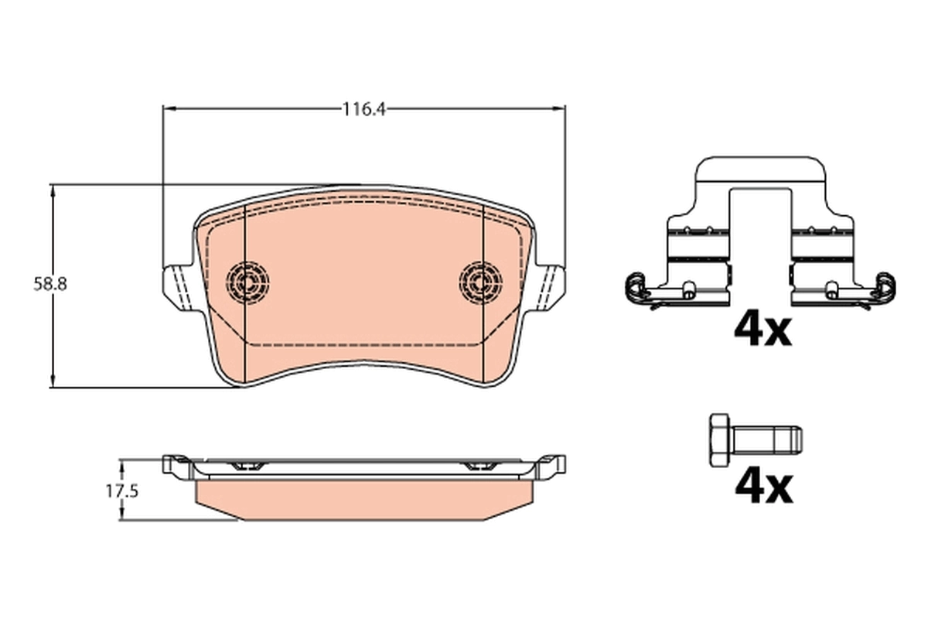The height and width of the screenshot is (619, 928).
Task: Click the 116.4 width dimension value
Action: (x=364, y=109)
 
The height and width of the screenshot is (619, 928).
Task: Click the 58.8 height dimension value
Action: (x=50, y=284)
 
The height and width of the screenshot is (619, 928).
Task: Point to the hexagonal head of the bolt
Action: (x=719, y=440)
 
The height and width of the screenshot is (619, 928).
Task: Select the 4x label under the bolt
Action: (x=763, y=487)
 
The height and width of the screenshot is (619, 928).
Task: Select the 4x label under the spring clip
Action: (x=763, y=330)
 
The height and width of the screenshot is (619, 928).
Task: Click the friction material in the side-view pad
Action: (x=363, y=500)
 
